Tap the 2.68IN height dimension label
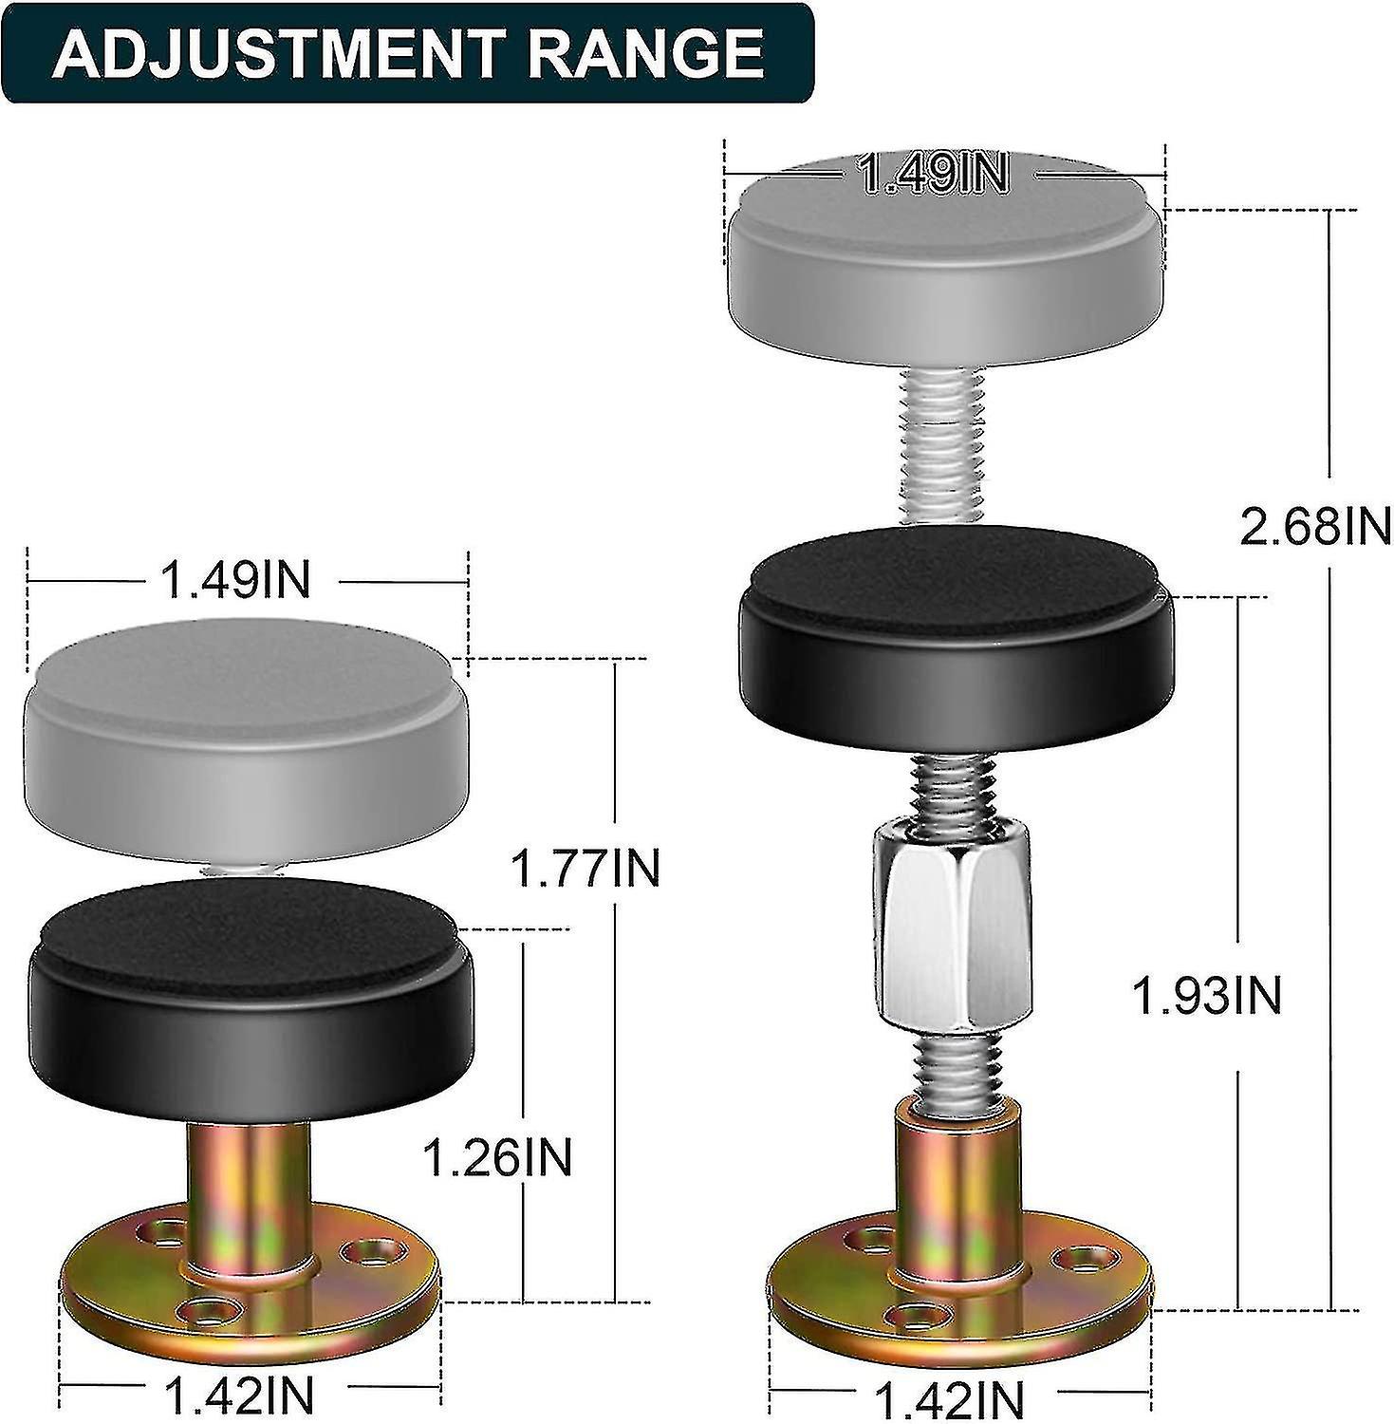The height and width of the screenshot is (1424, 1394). click(1314, 525)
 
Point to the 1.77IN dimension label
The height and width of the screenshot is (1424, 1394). click(585, 868)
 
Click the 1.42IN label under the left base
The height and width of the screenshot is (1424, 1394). click(238, 1396)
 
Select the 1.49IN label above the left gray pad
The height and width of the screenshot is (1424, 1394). click(236, 579)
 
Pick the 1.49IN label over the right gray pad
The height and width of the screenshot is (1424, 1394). click(932, 175)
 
